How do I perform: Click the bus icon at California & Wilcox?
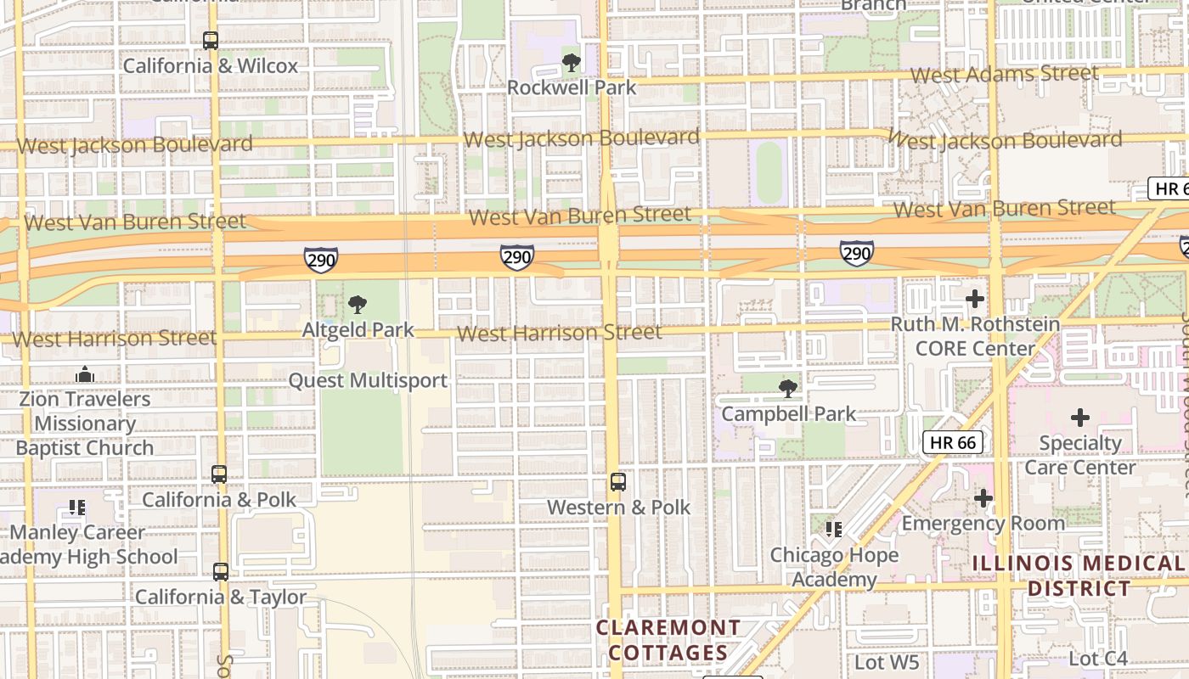point(210,40)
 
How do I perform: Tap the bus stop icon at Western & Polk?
point(618,482)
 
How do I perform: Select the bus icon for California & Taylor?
point(221,572)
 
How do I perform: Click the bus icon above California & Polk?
point(219,474)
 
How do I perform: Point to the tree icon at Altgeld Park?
point(358,304)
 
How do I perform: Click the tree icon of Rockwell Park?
point(572,62)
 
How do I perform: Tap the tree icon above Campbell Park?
point(788,389)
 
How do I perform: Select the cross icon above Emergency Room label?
point(983,498)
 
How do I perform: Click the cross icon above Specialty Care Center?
point(1079,418)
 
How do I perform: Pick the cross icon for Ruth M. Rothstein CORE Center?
point(975,299)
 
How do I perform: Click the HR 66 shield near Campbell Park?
point(953,441)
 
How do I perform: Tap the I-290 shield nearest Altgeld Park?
point(321,260)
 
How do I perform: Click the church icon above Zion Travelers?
point(84,374)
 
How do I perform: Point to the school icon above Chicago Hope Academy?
point(834,530)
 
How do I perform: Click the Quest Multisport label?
point(368,380)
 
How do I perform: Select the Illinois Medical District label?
point(1079,575)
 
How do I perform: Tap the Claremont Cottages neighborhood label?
point(668,640)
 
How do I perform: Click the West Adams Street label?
point(1004,74)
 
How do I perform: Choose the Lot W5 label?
point(887,660)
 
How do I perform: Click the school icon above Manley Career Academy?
point(77,508)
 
